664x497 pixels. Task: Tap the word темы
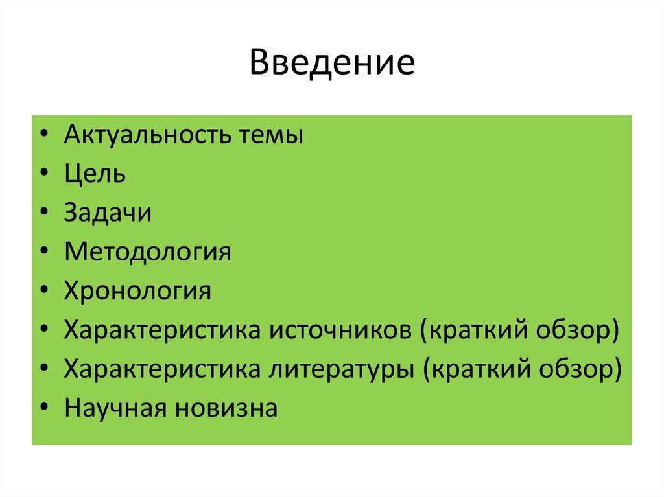pyautogui.click(x=271, y=137)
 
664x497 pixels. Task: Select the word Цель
pyautogui.click(x=95, y=174)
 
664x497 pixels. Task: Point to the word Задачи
pyautogui.click(x=108, y=213)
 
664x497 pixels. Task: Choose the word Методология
pyautogui.click(x=147, y=252)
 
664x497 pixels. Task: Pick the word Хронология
pyautogui.click(x=137, y=292)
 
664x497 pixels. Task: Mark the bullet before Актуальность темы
pyautogui.click(x=42, y=137)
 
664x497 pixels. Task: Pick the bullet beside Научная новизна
pyautogui.click(x=42, y=409)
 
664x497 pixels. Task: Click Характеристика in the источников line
pyautogui.click(x=162, y=330)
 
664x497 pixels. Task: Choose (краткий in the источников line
pyautogui.click(x=467, y=331)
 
